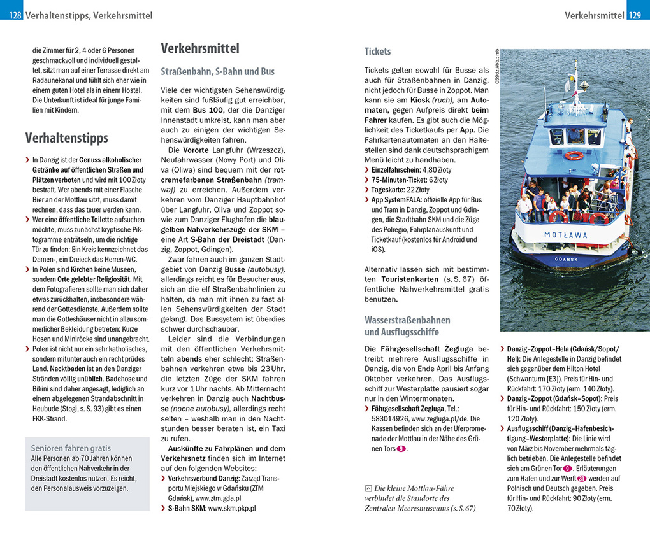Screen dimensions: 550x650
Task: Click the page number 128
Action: pos(16,15)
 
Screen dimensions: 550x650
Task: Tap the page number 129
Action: pos(634,15)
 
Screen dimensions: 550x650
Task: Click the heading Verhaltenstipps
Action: pos(67,138)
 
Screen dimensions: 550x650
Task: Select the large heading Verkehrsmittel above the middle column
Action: pos(200,48)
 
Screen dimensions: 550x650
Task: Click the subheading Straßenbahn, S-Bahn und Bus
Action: pos(217,72)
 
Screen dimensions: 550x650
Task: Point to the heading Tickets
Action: pos(377,52)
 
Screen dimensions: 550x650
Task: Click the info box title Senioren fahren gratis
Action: pos(71,448)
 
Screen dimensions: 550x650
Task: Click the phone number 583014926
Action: pos(390,420)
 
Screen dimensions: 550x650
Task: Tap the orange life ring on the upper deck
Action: pos(574,155)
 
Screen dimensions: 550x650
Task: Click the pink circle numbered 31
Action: pos(582,479)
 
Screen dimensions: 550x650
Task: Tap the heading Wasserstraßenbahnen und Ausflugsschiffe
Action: pos(407,326)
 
